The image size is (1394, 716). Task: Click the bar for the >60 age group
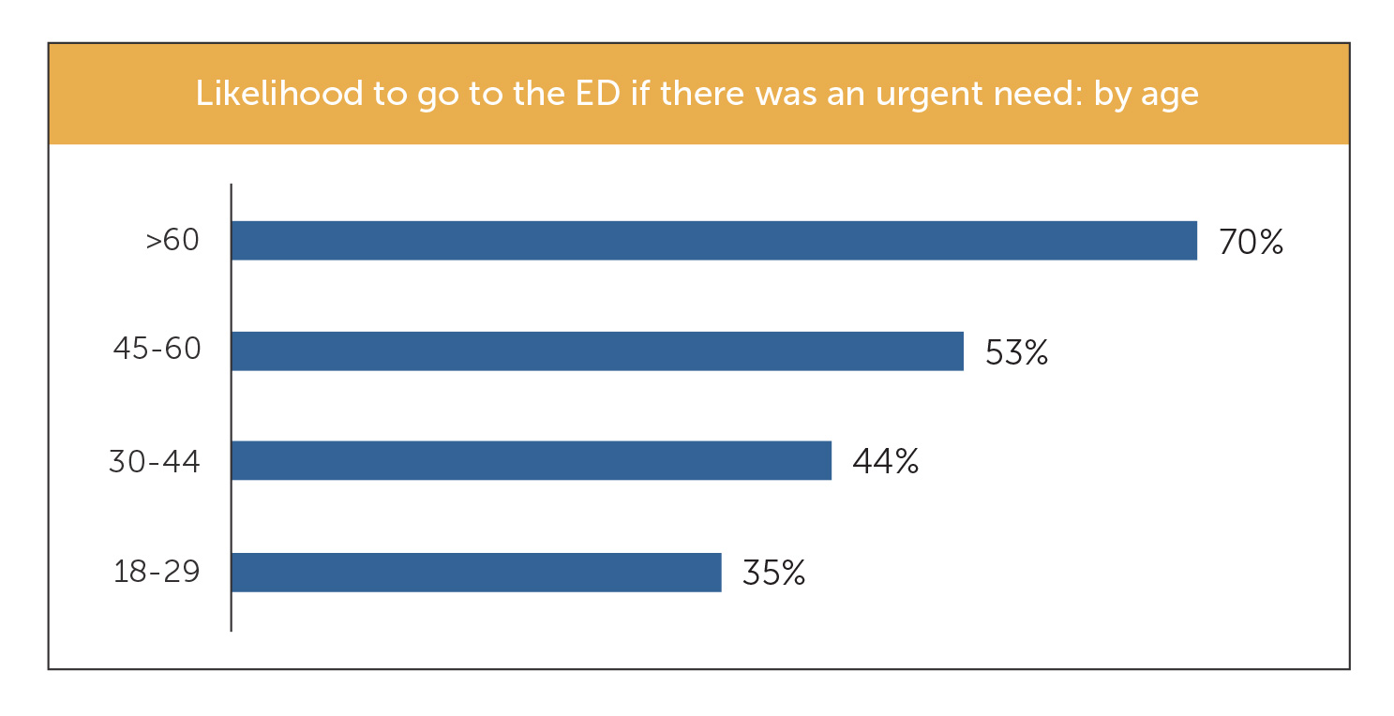(713, 241)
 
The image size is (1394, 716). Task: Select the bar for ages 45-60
(597, 351)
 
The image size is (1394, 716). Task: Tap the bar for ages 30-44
(531, 461)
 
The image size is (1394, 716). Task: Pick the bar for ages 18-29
(476, 573)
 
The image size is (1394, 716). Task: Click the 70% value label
(1251, 242)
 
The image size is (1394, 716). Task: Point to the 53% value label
(1016, 352)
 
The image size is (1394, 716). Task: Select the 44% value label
(885, 462)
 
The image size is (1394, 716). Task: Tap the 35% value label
(773, 573)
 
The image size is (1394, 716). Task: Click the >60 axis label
(173, 241)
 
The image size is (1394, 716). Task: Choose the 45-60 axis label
(157, 351)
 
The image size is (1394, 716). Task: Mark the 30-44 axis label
(155, 461)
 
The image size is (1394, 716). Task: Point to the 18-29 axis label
(157, 572)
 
